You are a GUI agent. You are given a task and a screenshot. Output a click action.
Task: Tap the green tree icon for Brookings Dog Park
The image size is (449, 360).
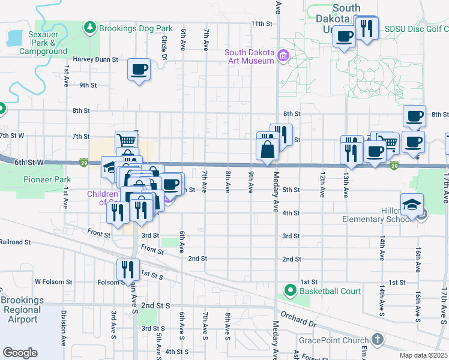click(89, 28)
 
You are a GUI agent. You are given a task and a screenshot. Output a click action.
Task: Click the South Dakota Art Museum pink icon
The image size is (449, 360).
click(282, 58)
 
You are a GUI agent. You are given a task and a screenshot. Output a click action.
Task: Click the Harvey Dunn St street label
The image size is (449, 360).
click(95, 59)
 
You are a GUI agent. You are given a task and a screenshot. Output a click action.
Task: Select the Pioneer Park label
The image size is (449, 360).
click(47, 179)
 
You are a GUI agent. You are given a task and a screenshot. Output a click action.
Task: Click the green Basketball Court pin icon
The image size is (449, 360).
click(291, 291)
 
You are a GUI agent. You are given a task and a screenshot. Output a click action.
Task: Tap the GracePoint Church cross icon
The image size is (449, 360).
click(377, 340)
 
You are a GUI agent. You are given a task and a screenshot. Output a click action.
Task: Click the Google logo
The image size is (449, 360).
click(20, 352)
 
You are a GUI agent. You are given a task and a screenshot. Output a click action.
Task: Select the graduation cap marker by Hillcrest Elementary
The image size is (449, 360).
click(412, 205)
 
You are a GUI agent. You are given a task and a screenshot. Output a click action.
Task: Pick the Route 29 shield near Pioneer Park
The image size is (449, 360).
click(85, 163)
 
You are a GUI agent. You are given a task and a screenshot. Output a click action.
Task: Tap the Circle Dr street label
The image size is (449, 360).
click(164, 47)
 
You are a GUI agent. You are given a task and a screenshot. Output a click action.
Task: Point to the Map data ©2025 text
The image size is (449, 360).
click(424, 355)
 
